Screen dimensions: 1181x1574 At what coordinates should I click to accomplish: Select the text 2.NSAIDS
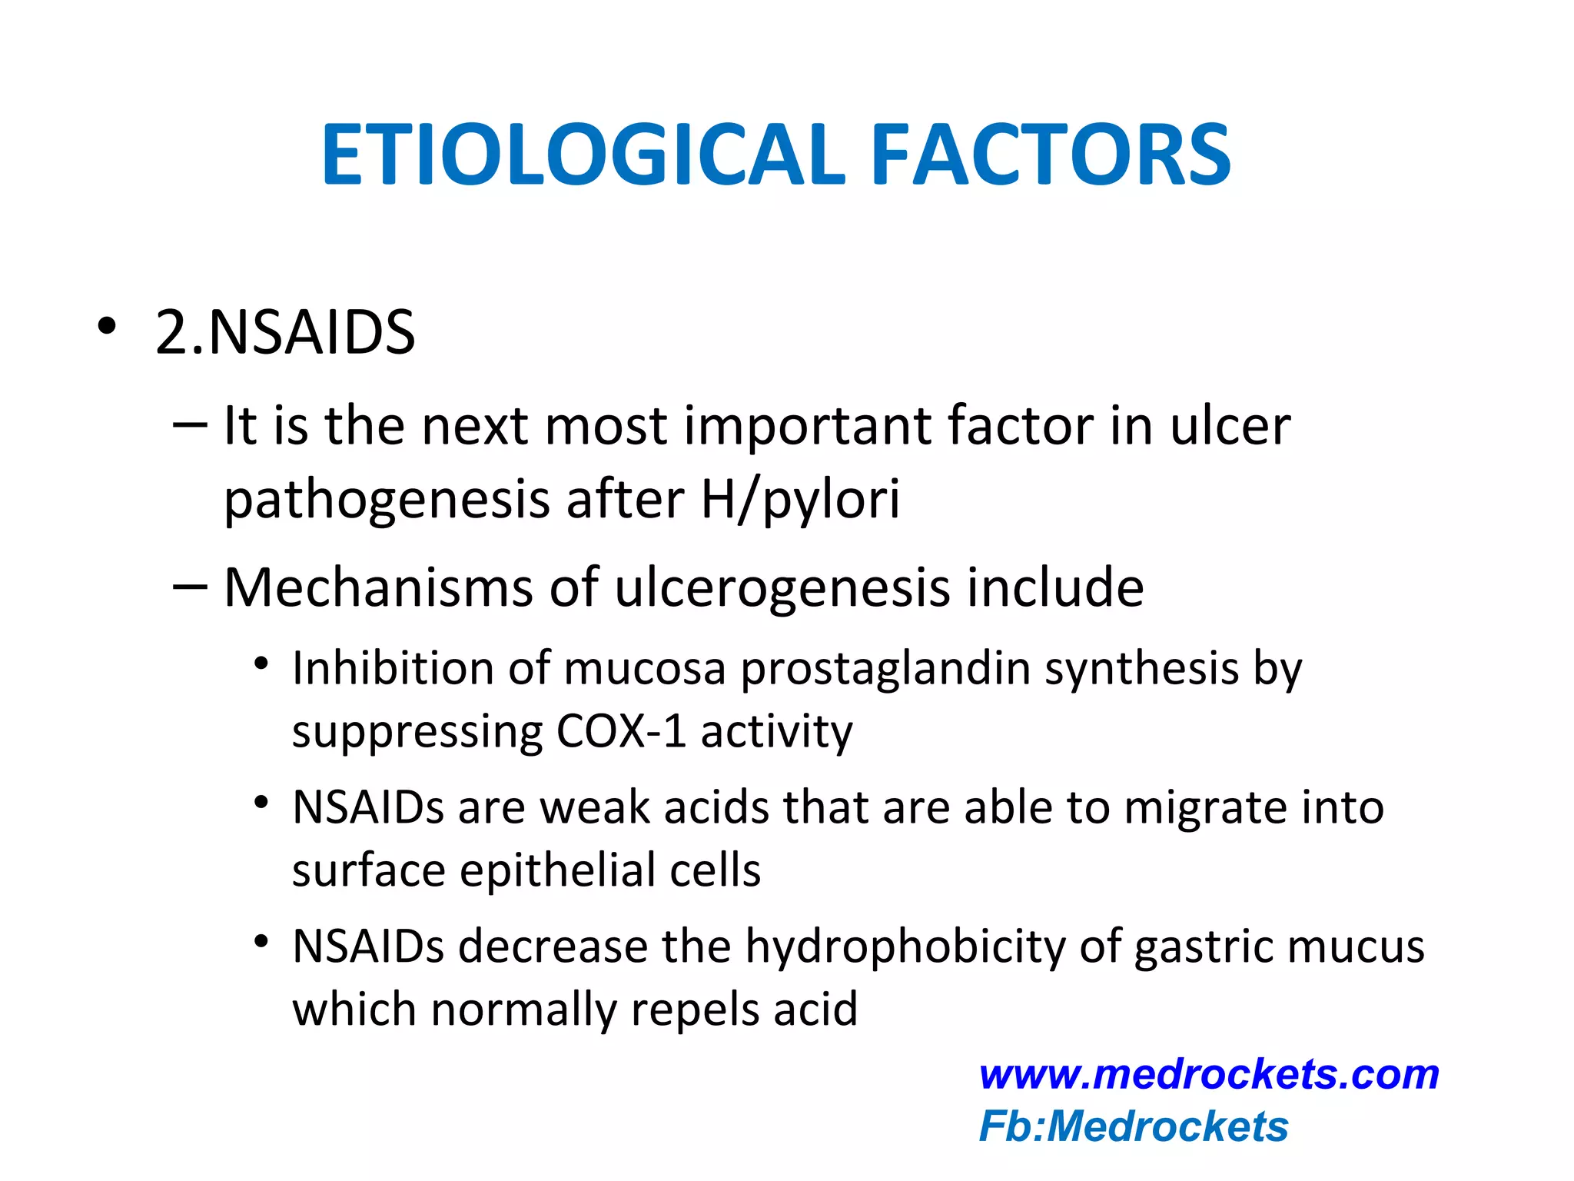(285, 332)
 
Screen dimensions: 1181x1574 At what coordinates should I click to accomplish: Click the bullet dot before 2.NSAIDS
(106, 326)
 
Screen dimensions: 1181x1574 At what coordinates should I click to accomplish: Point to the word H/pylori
(800, 499)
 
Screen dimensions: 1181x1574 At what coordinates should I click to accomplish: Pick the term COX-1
(620, 730)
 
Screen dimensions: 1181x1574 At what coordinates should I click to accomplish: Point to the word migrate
(1204, 809)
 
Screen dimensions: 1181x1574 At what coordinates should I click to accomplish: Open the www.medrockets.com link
(1209, 1074)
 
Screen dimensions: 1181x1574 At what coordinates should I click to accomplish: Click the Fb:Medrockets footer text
(1134, 1127)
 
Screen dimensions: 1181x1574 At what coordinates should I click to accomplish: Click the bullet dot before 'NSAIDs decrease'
(262, 941)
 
